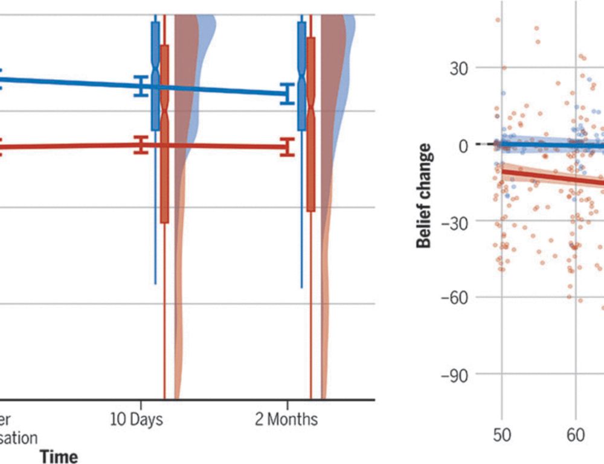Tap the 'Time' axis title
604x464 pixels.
point(59,457)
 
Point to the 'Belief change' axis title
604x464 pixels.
point(425,195)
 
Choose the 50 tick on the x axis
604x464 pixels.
point(501,435)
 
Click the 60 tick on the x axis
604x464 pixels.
point(575,435)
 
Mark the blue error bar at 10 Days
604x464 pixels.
point(141,86)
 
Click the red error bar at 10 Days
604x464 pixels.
point(141,145)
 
